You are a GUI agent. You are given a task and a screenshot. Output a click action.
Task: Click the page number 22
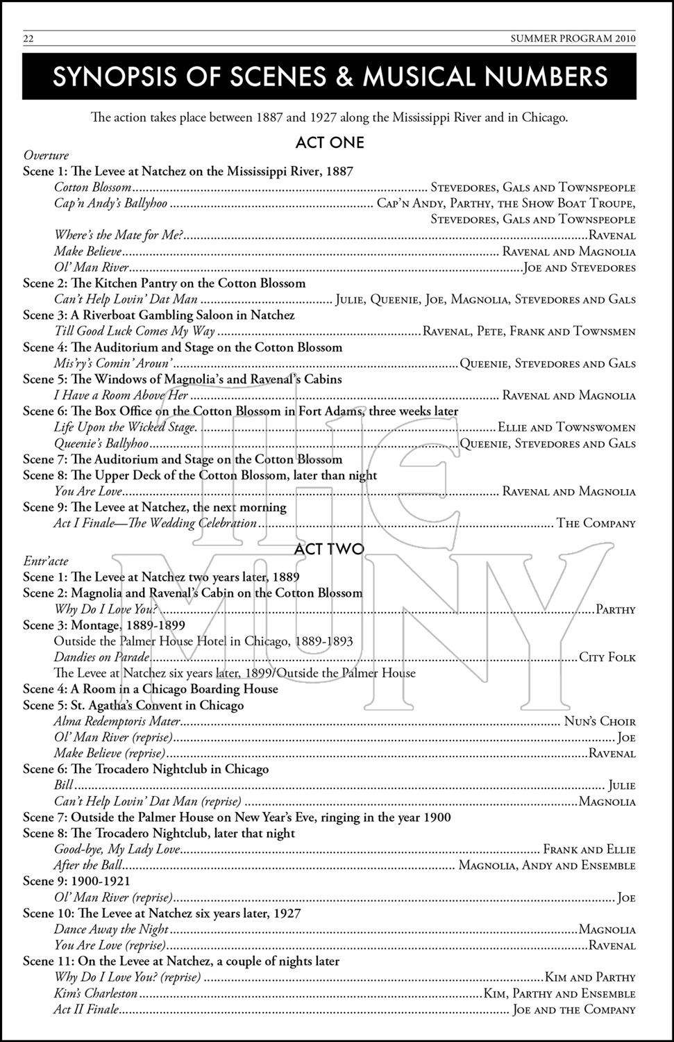29,38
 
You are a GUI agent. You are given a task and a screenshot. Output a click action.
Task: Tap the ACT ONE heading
329,142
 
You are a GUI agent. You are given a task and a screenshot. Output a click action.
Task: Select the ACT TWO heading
329,549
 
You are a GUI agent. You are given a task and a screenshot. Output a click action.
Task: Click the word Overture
46,155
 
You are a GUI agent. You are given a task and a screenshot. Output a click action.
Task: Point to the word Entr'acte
46,561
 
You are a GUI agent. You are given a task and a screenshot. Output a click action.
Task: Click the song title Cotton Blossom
92,187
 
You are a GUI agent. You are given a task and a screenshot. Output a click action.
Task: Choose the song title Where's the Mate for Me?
119,235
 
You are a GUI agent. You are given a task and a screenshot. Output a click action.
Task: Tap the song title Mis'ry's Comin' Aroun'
113,363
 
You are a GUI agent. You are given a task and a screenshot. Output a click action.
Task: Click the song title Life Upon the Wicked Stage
126,427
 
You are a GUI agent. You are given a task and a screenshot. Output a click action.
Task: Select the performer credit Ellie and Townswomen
566,427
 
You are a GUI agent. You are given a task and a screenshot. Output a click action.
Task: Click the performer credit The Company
596,523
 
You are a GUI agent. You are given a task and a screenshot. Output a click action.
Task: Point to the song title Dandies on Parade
102,657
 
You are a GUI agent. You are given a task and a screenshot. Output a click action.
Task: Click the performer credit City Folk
607,657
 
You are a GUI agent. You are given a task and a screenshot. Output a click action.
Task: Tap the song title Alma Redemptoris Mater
117,722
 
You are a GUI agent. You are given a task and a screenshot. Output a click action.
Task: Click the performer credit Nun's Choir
599,722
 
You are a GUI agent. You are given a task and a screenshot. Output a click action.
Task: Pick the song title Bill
63,786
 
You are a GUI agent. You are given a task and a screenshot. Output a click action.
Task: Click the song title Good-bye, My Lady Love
117,849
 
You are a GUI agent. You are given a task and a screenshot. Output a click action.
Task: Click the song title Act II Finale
86,1009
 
